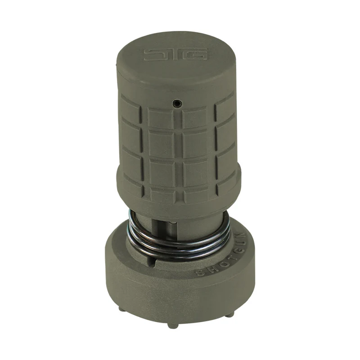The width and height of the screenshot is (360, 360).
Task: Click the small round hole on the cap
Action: [x=176, y=104]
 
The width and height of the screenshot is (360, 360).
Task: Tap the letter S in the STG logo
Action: [x=152, y=54]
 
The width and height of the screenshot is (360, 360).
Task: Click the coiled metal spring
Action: [x=180, y=245]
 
